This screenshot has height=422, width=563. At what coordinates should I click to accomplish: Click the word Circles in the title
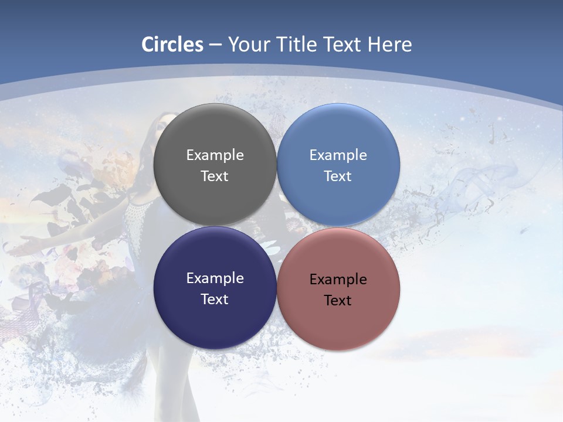tap(172, 45)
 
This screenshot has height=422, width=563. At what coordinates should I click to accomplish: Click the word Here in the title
tap(389, 45)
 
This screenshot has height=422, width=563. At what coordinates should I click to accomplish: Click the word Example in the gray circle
tap(215, 155)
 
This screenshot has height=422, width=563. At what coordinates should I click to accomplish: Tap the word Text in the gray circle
tap(215, 176)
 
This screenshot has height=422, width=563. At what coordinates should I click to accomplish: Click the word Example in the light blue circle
tap(338, 155)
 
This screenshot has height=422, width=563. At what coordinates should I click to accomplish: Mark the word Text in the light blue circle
tap(338, 176)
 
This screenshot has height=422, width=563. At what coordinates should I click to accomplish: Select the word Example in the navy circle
tap(215, 278)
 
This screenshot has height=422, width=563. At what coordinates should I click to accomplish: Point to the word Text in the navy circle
tap(215, 300)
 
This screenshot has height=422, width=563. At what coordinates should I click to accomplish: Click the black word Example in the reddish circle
tap(338, 280)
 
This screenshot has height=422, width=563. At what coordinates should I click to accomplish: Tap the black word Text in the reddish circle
tap(338, 301)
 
